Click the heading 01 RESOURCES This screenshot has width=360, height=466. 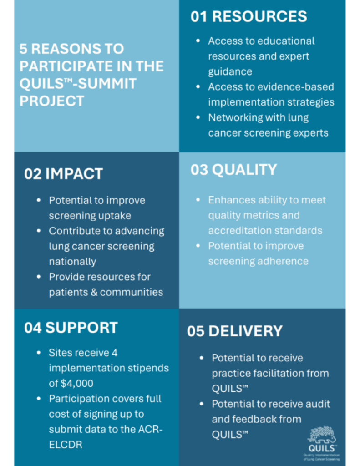coord(248,16)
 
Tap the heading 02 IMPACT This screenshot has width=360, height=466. coord(64,174)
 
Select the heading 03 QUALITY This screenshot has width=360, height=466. coord(233,170)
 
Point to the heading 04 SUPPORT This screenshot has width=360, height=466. coord(71,328)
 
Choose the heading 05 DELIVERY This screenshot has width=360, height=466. coord(234,331)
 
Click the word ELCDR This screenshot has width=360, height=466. coord(66,445)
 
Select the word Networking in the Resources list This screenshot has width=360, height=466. coord(231,118)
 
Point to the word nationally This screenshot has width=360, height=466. coord(72,262)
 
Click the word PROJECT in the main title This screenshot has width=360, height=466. coord(52,101)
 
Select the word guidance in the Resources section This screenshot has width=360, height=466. coord(230,72)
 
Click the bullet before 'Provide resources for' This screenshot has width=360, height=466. coord(38,277)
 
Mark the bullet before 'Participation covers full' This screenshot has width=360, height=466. coord(38,399)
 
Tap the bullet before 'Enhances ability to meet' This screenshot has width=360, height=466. coord(198,200)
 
